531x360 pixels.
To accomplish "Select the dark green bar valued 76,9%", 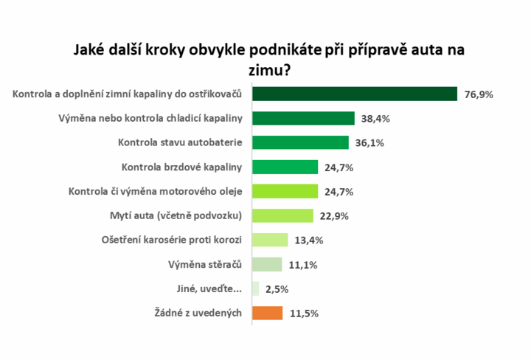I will pyautogui.click(x=355, y=94).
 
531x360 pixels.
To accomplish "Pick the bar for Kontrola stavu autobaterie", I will pyautogui.click(x=300, y=142).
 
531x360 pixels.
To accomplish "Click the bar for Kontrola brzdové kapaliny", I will pyautogui.click(x=285, y=167).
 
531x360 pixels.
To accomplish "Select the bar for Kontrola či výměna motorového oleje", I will pyautogui.click(x=285, y=191).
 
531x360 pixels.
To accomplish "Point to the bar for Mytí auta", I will pyautogui.click(x=282, y=215).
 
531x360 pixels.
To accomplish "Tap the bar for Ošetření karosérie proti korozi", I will pyautogui.click(x=270, y=240).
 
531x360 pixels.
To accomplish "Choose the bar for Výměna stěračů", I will pyautogui.click(x=267, y=264).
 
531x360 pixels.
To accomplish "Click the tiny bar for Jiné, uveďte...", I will pyautogui.click(x=255, y=288).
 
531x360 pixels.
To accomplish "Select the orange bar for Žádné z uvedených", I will pyautogui.click(x=267, y=313).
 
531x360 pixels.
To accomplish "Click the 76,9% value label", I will pyautogui.click(x=479, y=94).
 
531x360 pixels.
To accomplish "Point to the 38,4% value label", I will pyautogui.click(x=375, y=119).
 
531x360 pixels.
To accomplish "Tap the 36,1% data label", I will pyautogui.click(x=369, y=143).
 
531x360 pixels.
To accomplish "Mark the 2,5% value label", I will pyautogui.click(x=277, y=289).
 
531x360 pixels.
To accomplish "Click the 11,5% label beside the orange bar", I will pyautogui.click(x=303, y=314).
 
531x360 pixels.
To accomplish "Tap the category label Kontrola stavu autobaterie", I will pyautogui.click(x=181, y=142).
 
